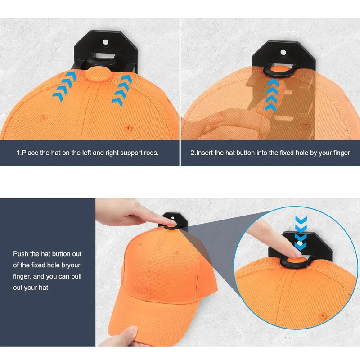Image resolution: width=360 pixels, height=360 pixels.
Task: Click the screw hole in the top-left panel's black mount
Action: pos(105,42)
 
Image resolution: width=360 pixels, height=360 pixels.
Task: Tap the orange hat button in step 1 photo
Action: pos(98,74)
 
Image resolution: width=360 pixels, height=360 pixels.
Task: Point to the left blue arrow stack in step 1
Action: pos(65,86)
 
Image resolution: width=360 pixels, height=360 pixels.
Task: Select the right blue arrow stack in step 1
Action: pos(121,90)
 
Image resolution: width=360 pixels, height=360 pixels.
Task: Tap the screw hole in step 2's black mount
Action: pos(283,53)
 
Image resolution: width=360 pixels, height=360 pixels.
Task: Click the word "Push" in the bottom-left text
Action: pos(20,254)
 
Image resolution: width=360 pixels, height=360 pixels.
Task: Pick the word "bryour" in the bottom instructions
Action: pos(71,265)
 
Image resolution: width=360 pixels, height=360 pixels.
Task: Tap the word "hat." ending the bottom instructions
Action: pos(44,288)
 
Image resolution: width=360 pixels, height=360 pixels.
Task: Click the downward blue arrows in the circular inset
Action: pos(301,233)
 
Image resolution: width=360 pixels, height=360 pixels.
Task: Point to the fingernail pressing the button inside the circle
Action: pos(298,254)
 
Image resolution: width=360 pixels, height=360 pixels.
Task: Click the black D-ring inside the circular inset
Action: pos(296,263)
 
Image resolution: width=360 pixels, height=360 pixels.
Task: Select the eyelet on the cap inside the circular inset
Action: pos(323,315)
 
